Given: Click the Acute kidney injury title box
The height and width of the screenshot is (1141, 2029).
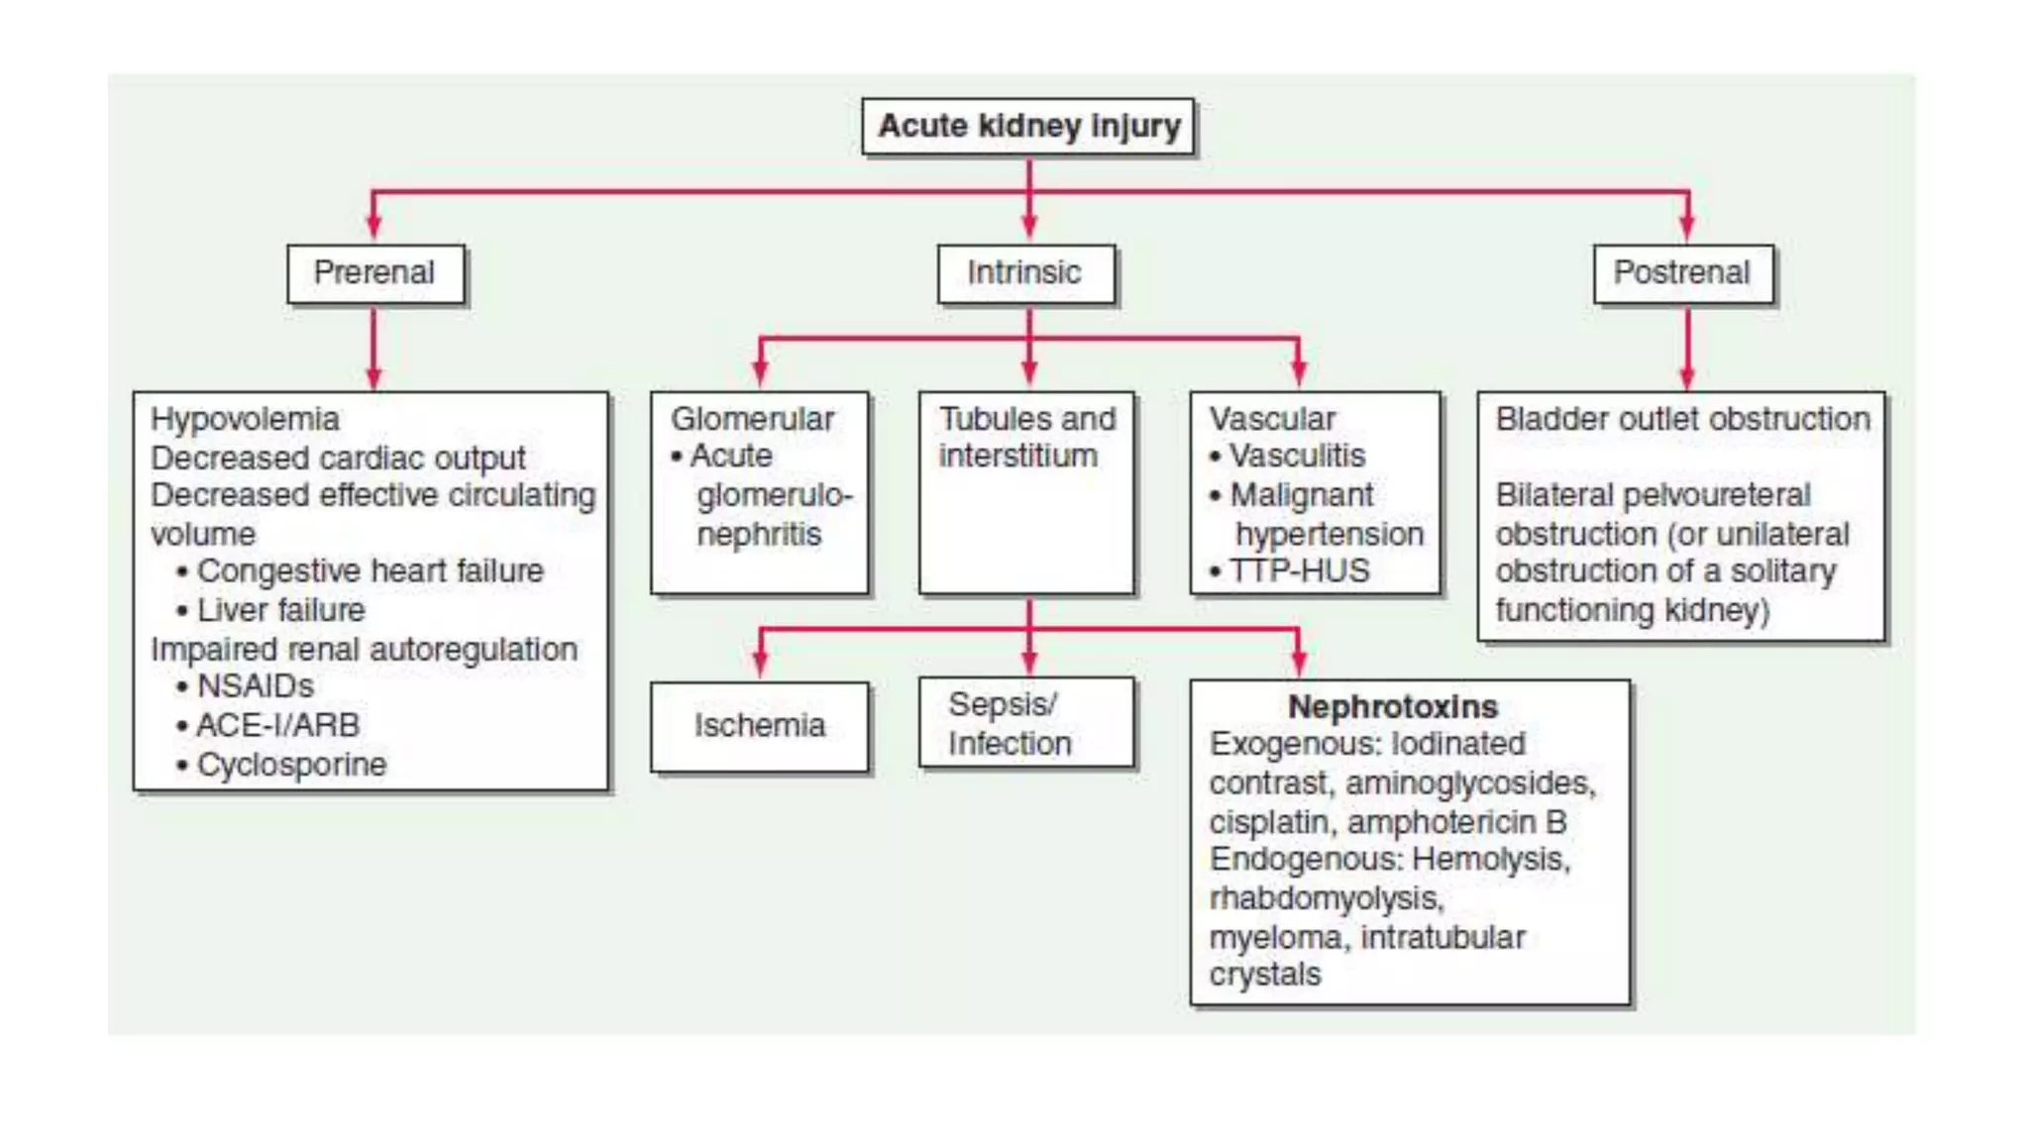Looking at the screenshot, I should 1028,127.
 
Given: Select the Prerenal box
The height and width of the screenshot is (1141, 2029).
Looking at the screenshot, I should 374,273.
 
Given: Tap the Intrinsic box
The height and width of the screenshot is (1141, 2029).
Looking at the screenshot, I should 1024,273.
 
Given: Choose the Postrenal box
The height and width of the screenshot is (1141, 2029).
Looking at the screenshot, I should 1682,273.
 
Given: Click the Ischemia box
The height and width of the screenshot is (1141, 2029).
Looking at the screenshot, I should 759,726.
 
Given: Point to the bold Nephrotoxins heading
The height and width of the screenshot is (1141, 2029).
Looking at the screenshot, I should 1392,707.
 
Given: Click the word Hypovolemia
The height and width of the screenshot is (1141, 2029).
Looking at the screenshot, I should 245,419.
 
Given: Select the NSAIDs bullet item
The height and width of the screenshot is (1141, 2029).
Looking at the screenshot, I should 255,686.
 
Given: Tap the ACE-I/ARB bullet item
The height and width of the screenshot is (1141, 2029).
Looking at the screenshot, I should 277,726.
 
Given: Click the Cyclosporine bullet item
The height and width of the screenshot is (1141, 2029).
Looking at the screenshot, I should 291,765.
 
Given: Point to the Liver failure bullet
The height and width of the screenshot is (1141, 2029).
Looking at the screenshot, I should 280,610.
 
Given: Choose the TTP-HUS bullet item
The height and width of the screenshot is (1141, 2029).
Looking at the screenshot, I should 1298,571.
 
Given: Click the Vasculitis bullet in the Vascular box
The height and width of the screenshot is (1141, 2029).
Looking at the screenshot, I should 1296,456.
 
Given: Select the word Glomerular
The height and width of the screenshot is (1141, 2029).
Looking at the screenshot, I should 752,419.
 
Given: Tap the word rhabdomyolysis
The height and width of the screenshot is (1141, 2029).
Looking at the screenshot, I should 1326,898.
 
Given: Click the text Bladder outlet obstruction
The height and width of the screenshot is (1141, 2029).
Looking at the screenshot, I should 1682,419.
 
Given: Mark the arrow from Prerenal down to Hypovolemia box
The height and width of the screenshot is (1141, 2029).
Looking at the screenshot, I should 374,347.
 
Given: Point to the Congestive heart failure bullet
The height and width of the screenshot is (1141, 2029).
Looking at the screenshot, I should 370,571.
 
